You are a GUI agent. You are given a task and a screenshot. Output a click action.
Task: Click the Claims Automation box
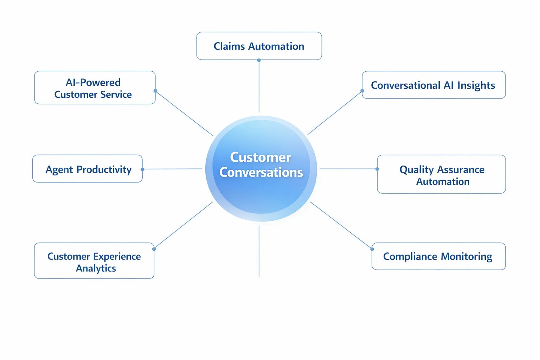click(x=259, y=46)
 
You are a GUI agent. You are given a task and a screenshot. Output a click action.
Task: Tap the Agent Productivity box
click(x=88, y=169)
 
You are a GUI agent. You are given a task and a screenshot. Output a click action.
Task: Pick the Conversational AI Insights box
click(x=433, y=85)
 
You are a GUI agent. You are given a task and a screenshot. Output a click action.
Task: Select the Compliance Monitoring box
click(x=438, y=256)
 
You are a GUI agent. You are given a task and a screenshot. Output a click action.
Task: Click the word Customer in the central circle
click(x=261, y=157)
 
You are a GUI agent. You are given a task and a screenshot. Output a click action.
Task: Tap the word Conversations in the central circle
click(x=261, y=172)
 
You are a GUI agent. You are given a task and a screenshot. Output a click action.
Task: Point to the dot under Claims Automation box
click(x=259, y=60)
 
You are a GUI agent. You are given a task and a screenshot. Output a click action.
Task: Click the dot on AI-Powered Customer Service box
click(x=155, y=91)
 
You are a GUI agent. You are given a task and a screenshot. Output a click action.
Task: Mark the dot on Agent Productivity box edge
click(x=142, y=169)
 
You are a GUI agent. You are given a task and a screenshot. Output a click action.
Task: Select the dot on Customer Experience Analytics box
click(x=154, y=249)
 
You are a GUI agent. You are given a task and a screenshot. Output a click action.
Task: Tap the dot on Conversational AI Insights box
click(x=362, y=91)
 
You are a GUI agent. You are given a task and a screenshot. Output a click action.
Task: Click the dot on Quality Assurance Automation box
click(x=377, y=169)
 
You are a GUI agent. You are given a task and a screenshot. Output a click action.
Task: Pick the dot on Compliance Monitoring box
click(x=372, y=249)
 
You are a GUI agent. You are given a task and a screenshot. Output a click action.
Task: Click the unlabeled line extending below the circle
click(x=259, y=251)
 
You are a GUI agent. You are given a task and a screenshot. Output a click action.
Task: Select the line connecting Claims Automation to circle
click(x=259, y=86)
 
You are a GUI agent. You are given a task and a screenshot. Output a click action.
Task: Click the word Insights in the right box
click(x=476, y=85)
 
